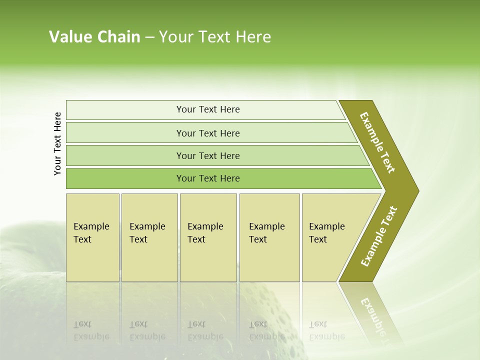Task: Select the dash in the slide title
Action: (149, 37)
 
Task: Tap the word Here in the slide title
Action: (253, 37)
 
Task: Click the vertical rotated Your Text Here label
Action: (57, 143)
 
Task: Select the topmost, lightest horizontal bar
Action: (207, 109)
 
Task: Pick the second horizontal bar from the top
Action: (207, 133)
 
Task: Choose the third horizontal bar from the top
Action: (207, 155)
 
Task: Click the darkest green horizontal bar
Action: (207, 178)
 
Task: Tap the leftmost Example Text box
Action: (92, 237)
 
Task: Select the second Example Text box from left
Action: (149, 237)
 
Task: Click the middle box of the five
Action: (208, 237)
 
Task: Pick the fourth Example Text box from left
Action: (269, 237)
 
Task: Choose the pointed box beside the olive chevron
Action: (330, 237)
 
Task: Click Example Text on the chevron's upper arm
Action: (378, 142)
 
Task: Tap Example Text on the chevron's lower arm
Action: (378, 236)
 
